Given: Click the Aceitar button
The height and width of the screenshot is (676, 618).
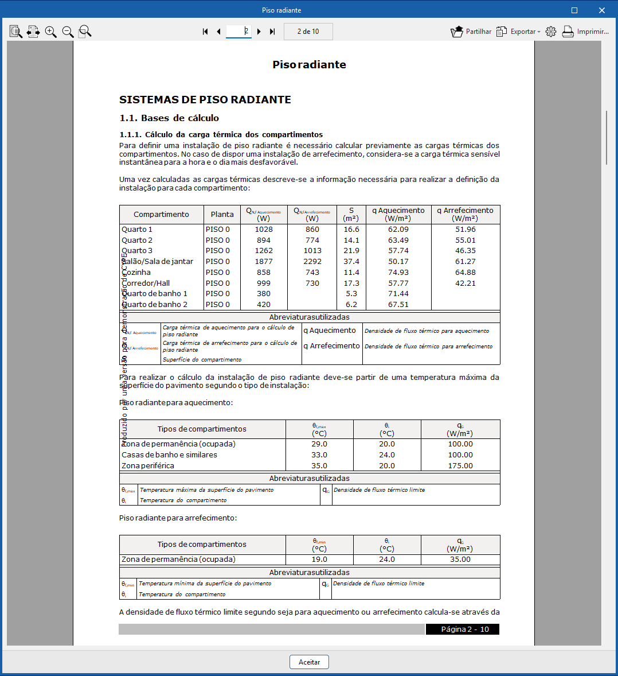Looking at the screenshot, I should [309, 662].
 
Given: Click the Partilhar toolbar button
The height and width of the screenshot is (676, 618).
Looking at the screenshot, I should [471, 32].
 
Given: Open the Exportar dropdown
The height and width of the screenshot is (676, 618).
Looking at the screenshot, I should [518, 32].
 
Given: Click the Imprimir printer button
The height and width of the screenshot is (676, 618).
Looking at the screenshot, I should [585, 32].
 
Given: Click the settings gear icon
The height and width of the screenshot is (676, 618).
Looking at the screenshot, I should [551, 32].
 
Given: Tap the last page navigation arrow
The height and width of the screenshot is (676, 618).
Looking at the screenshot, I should [272, 32].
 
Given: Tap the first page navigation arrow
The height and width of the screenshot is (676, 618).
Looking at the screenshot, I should [205, 32].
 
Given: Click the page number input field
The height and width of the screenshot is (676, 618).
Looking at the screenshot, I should [238, 32].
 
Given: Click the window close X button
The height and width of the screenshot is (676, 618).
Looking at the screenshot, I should [602, 10].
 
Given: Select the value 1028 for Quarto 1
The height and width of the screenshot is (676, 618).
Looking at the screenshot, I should [264, 230].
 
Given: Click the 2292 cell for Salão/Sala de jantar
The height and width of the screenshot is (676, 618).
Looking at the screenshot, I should [312, 262].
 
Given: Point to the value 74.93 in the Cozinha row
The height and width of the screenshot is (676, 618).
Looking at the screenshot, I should [398, 273].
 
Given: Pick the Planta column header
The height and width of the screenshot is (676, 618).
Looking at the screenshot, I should [222, 215].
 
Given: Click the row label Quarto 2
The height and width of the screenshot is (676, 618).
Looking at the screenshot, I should [137, 240].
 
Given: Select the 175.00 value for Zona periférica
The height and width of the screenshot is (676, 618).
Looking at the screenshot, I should [460, 466].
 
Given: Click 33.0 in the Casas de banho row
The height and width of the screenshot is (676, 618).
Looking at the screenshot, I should [319, 455].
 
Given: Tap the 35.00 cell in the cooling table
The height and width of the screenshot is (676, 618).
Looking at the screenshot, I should [460, 560].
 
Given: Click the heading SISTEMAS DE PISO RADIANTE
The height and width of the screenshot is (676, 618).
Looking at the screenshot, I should [205, 100].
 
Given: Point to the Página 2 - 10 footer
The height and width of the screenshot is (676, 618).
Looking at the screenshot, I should [464, 630].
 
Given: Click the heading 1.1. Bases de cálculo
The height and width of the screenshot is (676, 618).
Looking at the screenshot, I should [169, 118].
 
